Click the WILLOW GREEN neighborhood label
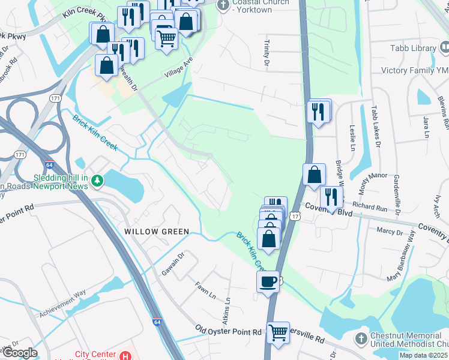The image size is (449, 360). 156,232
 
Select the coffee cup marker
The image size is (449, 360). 268,281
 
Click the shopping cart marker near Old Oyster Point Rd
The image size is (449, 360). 277,332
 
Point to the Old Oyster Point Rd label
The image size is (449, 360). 229,331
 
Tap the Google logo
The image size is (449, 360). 19,353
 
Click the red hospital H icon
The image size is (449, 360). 124,356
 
